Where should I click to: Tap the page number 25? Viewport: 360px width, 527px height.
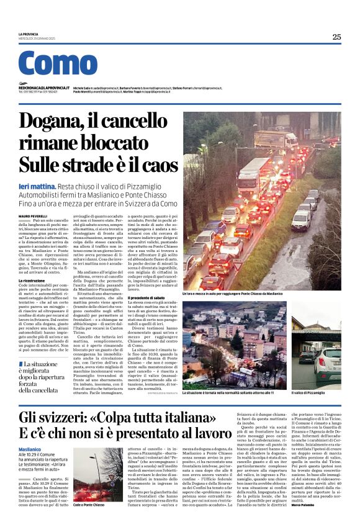tap(336, 37)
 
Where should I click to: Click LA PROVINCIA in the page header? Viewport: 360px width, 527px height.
tap(29, 34)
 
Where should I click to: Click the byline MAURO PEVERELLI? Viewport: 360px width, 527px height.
tap(33, 215)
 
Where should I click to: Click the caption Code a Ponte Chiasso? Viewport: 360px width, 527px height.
tap(91, 505)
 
